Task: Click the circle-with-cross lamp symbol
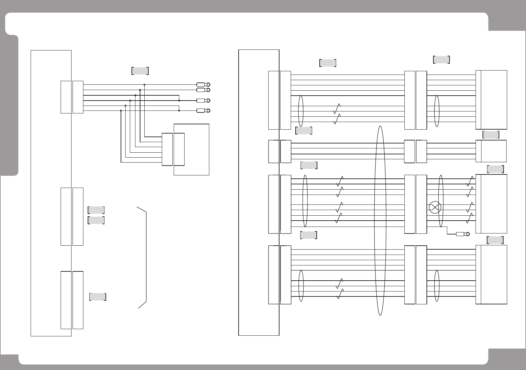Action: [435, 207]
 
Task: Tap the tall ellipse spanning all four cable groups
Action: [380, 221]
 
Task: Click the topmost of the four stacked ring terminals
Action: [203, 85]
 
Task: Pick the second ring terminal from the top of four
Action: [203, 90]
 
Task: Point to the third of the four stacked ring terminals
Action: [203, 101]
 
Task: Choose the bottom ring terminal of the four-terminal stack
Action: [203, 111]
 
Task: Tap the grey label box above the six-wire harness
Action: [140, 71]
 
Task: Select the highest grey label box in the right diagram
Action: [441, 60]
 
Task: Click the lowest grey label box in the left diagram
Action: [98, 297]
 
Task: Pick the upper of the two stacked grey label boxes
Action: [96, 210]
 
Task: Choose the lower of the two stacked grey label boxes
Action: [96, 220]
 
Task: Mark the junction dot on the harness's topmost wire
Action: [144, 85]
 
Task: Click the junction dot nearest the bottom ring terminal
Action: [179, 110]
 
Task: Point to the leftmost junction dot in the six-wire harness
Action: [121, 111]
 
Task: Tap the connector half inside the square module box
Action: [179, 149]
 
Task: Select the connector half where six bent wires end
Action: [167, 149]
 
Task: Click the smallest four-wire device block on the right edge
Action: [493, 151]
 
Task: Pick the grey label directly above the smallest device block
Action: [491, 135]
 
